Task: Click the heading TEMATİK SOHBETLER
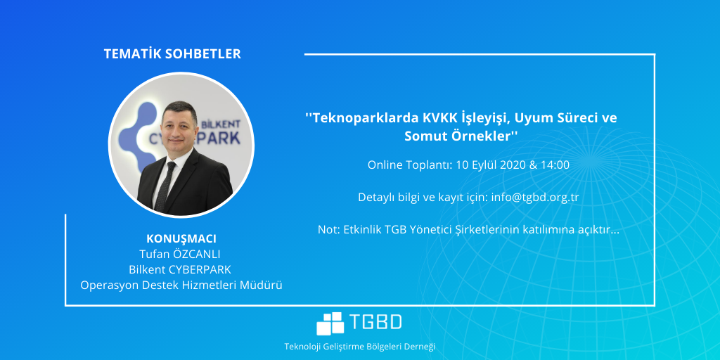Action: pos(172,53)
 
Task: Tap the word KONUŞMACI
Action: pos(181,239)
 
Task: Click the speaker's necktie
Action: pos(165,186)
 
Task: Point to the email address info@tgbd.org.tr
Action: pos(535,198)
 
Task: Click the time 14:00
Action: pos(555,165)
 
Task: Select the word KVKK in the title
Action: pos(439,118)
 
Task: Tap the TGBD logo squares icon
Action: pos(330,323)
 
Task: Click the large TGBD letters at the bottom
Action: pos(375,322)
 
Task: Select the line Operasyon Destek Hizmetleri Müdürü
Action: pos(181,285)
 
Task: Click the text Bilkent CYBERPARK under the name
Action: pos(181,269)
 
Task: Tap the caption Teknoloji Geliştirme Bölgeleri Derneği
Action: pos(359,346)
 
